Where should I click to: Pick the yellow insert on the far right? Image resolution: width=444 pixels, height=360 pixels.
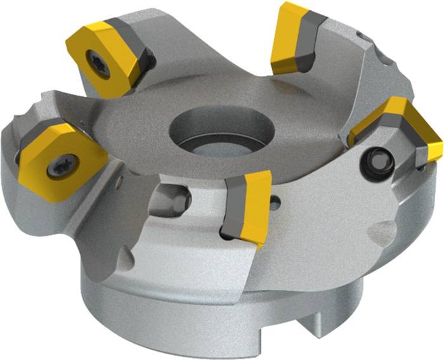tap(406, 127)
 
